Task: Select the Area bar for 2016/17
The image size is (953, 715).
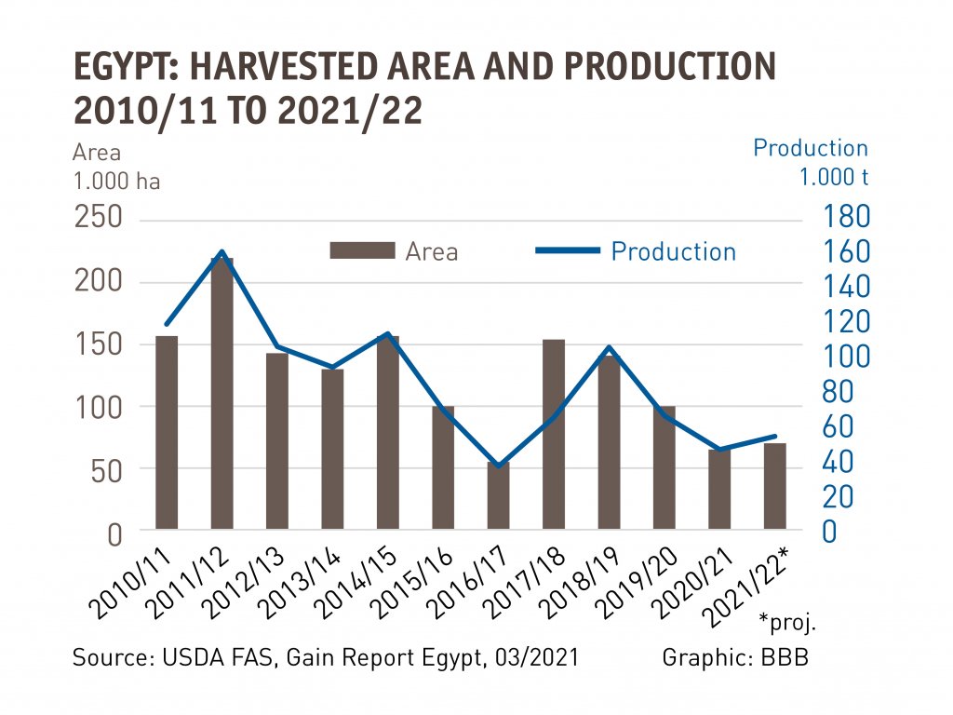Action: tap(499, 496)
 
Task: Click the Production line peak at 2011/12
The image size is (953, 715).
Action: tap(221, 251)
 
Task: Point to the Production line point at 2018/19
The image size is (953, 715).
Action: tap(609, 347)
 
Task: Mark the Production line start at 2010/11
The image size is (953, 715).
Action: tap(167, 323)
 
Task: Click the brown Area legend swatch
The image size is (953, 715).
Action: tap(362, 251)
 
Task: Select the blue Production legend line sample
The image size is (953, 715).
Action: tap(568, 251)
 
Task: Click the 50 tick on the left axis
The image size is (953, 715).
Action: tap(107, 471)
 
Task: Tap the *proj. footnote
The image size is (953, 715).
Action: tap(793, 620)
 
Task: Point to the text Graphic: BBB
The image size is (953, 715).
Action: tap(735, 657)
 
